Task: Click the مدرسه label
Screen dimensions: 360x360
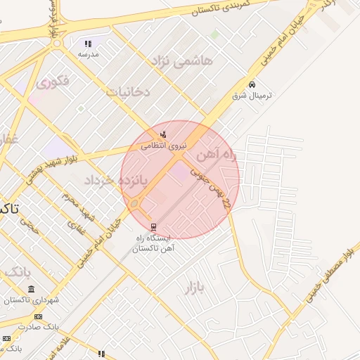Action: [x=89, y=54]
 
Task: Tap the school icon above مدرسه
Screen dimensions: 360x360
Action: [x=88, y=44]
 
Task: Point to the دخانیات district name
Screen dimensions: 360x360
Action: [x=127, y=91]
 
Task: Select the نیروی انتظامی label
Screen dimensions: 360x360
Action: [x=162, y=146]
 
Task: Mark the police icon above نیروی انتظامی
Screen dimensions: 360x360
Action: [x=163, y=135]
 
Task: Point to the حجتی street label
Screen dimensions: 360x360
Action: [x=29, y=224]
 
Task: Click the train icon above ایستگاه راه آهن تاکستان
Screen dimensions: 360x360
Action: [x=153, y=226]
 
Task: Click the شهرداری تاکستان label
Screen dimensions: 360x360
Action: [x=32, y=300]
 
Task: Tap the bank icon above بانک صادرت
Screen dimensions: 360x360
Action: [x=37, y=317]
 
